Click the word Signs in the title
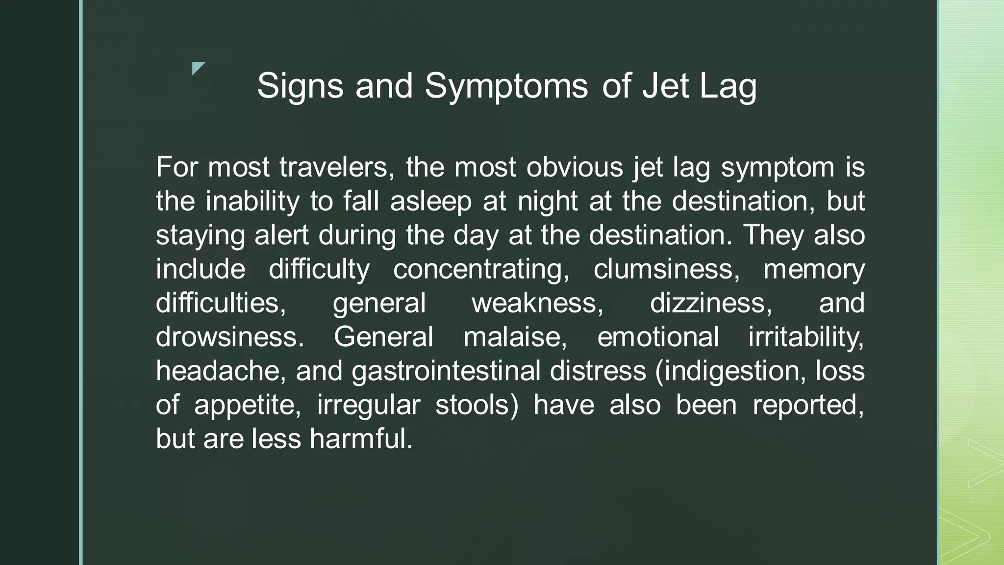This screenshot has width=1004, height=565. coord(300,86)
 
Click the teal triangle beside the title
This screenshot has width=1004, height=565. coord(198,68)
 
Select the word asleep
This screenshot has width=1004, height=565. coord(431,202)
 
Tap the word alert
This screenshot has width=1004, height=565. coord(281,235)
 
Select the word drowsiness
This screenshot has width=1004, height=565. coord(230,337)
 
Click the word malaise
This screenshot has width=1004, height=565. coord(515,337)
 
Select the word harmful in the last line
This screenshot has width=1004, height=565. coord(361,438)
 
